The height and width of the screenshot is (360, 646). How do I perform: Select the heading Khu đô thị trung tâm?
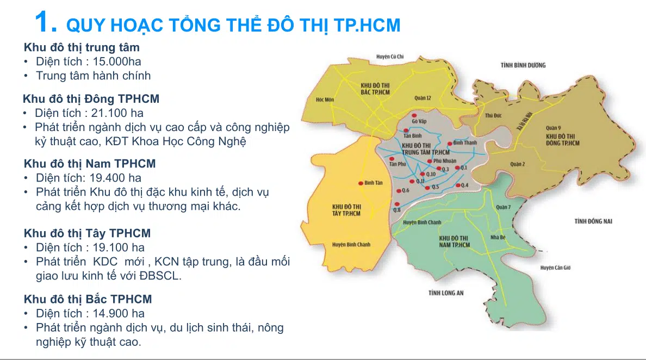[82, 47]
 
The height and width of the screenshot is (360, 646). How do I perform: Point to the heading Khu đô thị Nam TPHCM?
[90, 164]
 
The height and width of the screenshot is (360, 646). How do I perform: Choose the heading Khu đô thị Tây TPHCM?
[87, 233]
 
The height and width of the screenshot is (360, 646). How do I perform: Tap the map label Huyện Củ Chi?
[390, 56]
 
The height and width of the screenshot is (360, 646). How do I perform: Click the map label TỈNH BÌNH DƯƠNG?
[523, 65]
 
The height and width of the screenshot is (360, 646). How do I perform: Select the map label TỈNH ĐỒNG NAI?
[593, 221]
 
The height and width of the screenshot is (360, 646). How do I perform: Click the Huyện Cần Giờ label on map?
[555, 268]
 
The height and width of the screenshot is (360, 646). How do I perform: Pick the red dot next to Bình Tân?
[361, 183]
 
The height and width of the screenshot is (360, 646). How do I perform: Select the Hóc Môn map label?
[325, 100]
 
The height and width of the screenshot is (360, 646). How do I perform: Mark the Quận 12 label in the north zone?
[422, 98]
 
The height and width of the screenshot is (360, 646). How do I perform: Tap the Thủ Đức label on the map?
[492, 115]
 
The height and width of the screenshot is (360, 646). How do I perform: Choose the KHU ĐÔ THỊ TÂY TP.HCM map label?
[346, 210]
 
